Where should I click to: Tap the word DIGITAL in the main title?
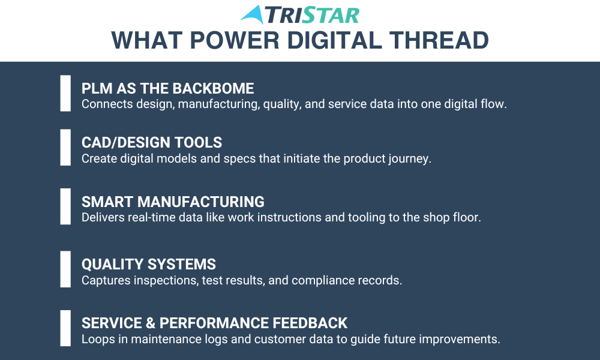tap(334, 41)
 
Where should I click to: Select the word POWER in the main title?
tap(235, 41)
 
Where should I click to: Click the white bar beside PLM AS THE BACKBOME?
tap(65, 94)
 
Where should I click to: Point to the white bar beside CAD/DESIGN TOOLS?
tap(65, 147)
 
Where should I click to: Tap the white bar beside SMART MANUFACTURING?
tap(65, 206)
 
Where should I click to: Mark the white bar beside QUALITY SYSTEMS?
tap(65, 269)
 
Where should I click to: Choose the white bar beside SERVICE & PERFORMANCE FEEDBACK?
tap(65, 328)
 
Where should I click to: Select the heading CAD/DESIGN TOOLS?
tap(152, 142)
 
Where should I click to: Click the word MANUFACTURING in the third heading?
tap(201, 202)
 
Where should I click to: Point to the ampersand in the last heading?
tap(151, 323)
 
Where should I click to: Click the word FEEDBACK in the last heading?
tap(310, 323)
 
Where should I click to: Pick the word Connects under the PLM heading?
tap(107, 104)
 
